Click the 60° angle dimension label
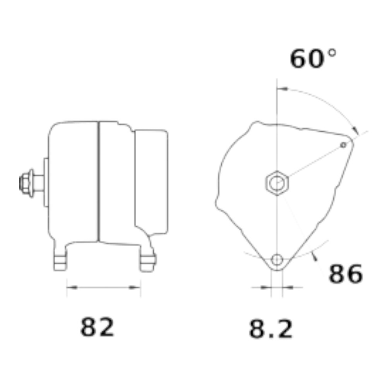click(313, 58)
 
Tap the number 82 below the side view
click(97, 327)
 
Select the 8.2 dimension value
click(271, 329)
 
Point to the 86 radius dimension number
click(346, 274)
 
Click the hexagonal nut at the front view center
click(277, 183)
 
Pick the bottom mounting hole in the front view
click(277, 260)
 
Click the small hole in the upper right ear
click(343, 145)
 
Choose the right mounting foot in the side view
click(147, 259)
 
